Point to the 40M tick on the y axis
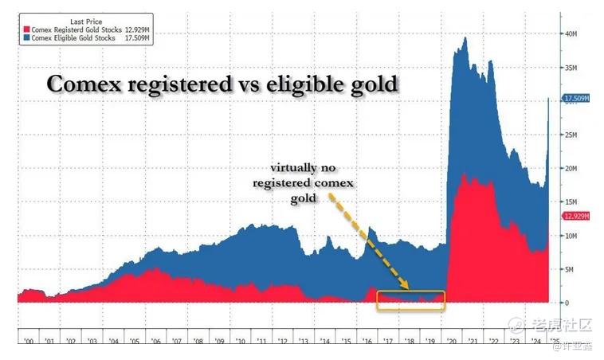tap(571, 34)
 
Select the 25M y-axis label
tap(571, 135)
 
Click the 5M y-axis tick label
tap(570, 269)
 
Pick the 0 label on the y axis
tap(567, 303)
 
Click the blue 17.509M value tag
tap(577, 99)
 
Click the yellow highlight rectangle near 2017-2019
tap(410, 300)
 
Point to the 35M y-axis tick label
tap(571, 68)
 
